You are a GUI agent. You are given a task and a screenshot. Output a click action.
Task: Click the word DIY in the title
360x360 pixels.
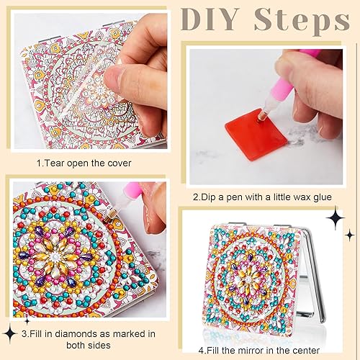[209, 22]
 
